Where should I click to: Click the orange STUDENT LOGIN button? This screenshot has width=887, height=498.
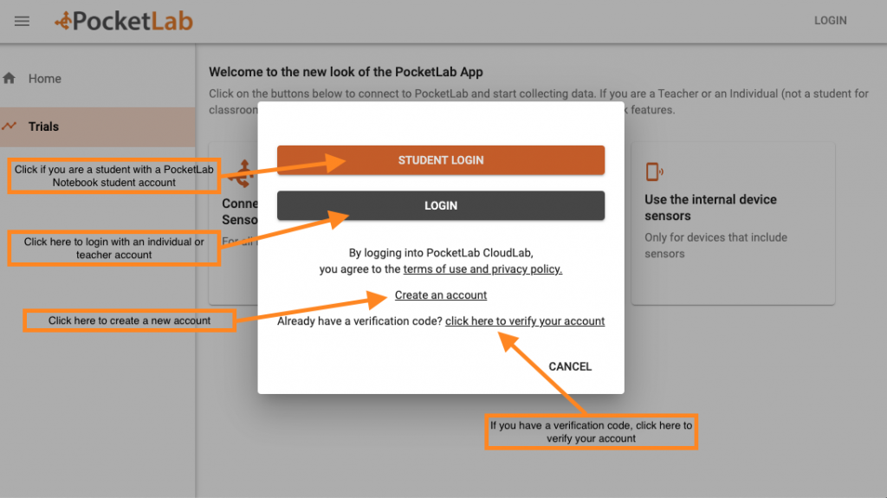[441, 160]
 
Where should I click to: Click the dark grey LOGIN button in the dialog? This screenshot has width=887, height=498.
[441, 206]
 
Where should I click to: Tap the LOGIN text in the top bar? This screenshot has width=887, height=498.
[830, 21]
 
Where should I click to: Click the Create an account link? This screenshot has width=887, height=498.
[441, 295]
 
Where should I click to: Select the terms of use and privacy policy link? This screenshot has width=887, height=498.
[482, 269]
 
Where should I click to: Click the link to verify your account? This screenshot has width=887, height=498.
[525, 321]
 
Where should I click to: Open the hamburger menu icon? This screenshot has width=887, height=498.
[23, 21]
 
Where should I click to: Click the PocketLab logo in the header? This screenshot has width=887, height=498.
[123, 21]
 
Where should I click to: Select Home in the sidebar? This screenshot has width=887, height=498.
[45, 79]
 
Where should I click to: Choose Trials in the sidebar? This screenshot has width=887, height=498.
[43, 126]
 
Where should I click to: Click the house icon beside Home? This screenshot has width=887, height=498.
[10, 79]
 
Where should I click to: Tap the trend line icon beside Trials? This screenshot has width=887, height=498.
[10, 126]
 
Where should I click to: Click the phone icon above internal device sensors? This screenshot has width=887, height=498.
[654, 171]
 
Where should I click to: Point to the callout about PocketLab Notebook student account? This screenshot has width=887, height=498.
[113, 176]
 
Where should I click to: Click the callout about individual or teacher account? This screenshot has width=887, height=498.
[113, 249]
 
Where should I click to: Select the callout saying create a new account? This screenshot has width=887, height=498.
[129, 320]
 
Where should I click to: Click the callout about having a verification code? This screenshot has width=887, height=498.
[591, 432]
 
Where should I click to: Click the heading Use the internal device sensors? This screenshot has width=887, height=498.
[710, 207]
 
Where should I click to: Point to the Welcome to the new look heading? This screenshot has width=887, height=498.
[346, 72]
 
